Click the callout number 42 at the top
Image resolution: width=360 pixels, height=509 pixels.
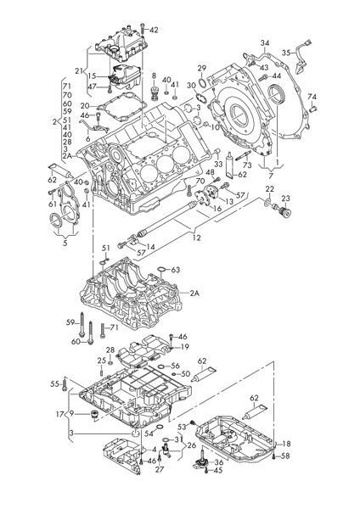click(x=154, y=30)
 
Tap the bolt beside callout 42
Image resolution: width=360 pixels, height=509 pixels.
click(x=143, y=30)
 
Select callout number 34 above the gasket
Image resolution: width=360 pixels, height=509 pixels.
click(x=265, y=43)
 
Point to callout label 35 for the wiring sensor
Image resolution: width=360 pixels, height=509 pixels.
click(x=286, y=53)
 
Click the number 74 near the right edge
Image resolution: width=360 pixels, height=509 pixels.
click(x=312, y=97)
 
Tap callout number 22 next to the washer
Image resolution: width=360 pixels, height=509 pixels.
click(x=270, y=189)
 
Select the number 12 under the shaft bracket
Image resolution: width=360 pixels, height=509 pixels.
click(x=197, y=238)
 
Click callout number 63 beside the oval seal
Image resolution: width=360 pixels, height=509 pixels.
click(x=176, y=270)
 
